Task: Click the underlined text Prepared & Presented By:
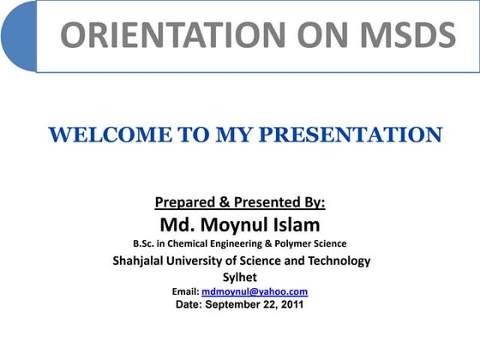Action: [240, 203]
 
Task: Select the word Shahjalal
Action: [145, 261]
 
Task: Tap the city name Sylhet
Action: [240, 277]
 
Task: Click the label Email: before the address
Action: [186, 291]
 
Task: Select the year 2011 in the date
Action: [290, 304]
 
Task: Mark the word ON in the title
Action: [312, 35]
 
